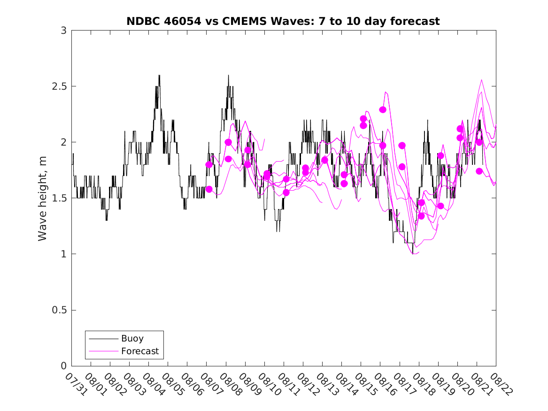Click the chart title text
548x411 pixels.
[283, 21]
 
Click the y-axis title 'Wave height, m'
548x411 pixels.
[43, 199]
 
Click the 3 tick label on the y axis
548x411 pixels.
[64, 31]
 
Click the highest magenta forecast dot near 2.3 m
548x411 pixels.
[383, 109]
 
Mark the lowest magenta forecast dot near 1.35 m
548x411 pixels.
[421, 216]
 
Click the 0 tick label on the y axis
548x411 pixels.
[64, 366]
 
